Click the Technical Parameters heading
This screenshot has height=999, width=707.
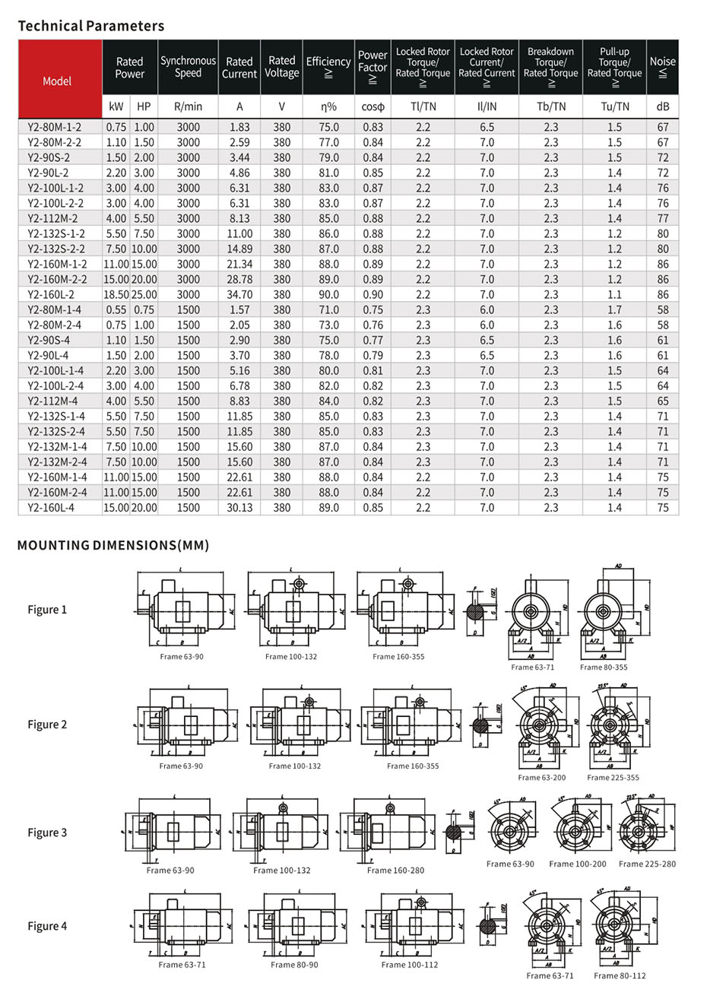(90, 26)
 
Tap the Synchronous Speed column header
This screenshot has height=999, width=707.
(188, 67)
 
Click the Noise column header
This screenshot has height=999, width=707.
(662, 67)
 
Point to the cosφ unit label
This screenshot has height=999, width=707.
(373, 107)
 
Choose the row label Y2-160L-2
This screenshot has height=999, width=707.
(51, 295)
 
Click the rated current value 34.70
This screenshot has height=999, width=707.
(239, 295)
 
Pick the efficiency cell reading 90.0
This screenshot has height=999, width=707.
(328, 295)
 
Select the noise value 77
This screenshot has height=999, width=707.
(663, 219)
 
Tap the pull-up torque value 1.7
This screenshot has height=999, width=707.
(614, 310)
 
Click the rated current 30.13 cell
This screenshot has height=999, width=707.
(239, 508)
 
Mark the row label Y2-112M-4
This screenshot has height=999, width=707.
(52, 401)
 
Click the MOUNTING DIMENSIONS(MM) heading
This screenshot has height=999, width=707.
(113, 545)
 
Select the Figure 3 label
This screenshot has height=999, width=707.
(47, 832)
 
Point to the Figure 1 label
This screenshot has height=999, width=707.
(47, 610)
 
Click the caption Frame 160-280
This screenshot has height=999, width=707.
(395, 871)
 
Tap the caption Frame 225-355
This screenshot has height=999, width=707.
(613, 778)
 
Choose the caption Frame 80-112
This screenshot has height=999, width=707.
(620, 975)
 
